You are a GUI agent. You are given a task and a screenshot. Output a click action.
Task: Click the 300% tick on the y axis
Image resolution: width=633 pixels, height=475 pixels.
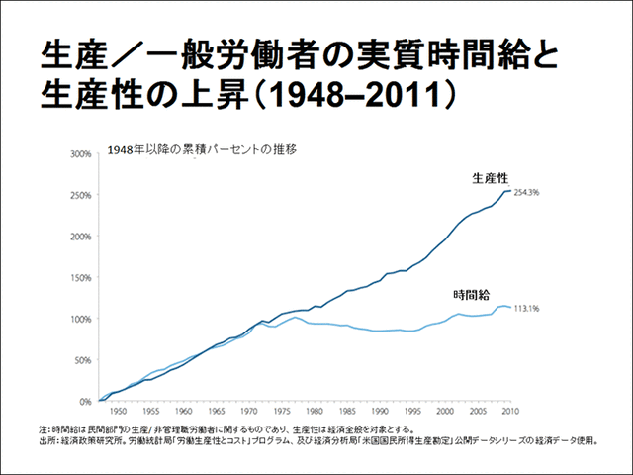pos(79,155)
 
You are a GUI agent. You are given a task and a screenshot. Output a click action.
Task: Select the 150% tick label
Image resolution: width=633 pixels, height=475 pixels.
pos(79,278)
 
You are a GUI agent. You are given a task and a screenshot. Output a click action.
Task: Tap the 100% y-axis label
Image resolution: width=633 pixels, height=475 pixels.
pos(79,319)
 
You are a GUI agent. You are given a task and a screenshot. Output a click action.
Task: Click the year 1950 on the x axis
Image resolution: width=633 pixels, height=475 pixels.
pos(118,410)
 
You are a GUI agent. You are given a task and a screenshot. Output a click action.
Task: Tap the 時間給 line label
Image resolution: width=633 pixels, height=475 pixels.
pos(471,294)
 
